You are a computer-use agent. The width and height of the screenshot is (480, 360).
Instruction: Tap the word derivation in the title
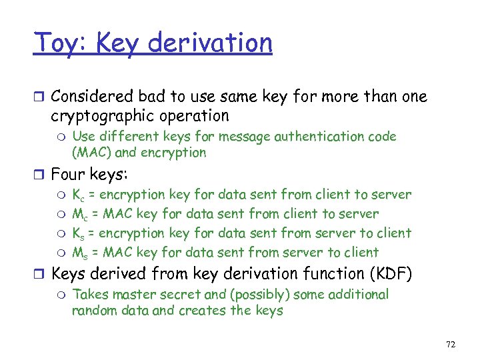point(210,43)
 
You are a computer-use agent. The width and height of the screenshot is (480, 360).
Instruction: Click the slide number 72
point(450,344)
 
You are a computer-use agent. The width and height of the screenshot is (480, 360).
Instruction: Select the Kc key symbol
point(78,195)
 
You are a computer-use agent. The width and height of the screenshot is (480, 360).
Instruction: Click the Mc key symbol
point(79,215)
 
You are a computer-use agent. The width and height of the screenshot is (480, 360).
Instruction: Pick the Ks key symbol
point(78,234)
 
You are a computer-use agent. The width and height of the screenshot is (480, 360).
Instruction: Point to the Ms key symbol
point(79,253)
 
